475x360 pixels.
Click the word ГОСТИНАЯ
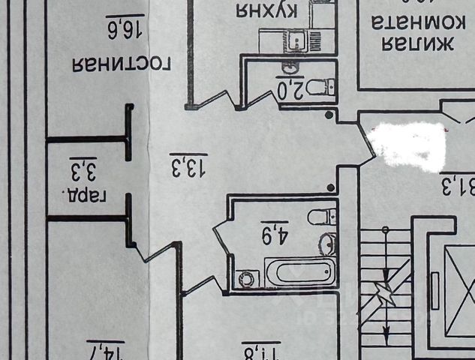(122, 64)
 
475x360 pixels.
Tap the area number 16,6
(125, 28)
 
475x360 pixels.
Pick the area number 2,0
(290, 89)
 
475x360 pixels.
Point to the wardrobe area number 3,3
(83, 169)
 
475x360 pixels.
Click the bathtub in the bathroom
(299, 271)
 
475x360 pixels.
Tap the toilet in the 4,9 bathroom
(322, 217)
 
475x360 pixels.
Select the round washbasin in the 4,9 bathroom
(327, 243)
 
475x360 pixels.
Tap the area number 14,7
(106, 350)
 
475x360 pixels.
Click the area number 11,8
(260, 351)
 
